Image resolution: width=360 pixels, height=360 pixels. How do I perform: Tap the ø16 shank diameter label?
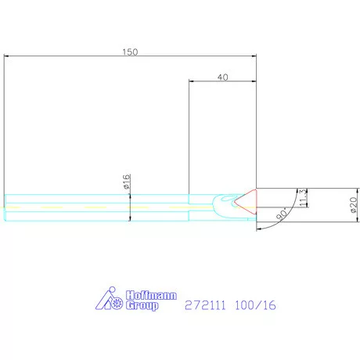point(125,182)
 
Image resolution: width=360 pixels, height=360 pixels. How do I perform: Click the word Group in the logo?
point(142,305)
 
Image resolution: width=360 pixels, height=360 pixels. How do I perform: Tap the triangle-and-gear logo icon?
point(111,301)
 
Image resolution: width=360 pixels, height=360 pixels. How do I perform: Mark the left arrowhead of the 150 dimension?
point(7,56)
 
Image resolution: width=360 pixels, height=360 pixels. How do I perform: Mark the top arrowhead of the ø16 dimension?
point(130,196)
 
